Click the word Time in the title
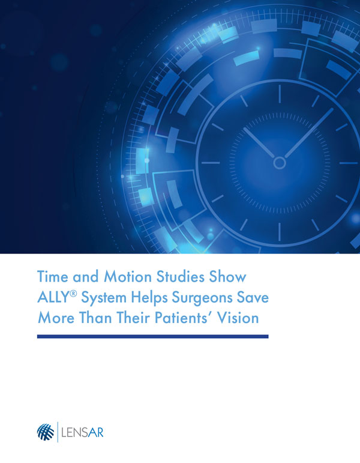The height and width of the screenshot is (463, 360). [x=53, y=277]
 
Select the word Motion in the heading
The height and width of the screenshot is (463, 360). [x=128, y=277]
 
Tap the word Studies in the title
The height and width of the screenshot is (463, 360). [x=180, y=277]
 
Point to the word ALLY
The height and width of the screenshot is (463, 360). [x=53, y=297]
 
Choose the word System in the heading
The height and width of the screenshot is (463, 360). [x=104, y=298]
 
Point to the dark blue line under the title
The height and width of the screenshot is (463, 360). [x=153, y=336]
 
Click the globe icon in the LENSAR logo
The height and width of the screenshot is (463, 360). [x=46, y=432]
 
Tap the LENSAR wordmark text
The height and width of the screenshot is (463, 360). [x=82, y=433]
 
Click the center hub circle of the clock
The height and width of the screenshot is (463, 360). [x=280, y=163]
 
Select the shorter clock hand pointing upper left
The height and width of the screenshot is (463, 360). [x=259, y=142]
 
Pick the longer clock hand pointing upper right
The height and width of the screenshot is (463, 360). [x=309, y=133]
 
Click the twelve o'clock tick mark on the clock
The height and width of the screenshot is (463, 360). [x=280, y=94]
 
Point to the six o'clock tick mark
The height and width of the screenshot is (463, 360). [x=280, y=232]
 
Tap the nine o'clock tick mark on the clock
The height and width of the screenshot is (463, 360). [x=211, y=163]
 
